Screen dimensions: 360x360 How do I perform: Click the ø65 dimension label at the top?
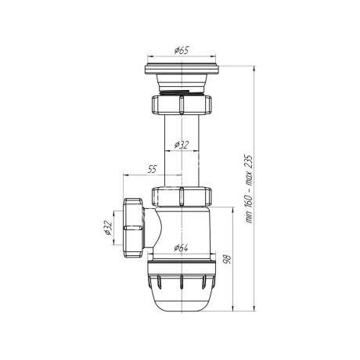click(182, 50)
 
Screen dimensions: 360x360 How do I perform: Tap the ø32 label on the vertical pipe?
click(182, 145)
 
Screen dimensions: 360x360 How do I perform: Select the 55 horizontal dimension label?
click(152, 169)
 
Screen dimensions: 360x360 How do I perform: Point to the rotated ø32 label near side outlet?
click(107, 228)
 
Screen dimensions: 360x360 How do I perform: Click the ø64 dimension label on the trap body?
click(182, 248)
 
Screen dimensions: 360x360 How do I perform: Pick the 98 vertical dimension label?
click(228, 259)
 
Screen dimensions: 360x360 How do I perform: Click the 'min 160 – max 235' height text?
click(250, 189)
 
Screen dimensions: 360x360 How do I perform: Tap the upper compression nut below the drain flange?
click(182, 104)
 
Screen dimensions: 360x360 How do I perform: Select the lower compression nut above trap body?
click(182, 196)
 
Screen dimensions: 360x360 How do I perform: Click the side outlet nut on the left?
click(133, 228)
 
